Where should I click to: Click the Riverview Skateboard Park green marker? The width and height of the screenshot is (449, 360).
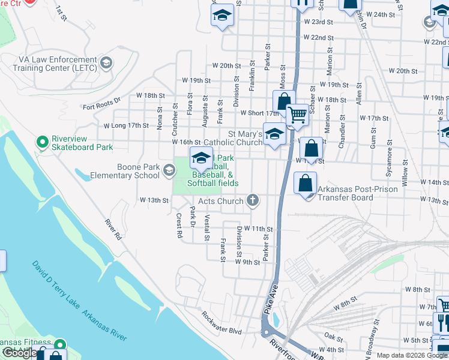click(42, 142)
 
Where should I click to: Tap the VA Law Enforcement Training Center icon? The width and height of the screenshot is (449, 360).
click(106, 63)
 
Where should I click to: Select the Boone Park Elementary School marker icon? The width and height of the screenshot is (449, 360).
click(169, 172)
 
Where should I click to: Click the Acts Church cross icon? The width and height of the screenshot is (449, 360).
click(253, 201)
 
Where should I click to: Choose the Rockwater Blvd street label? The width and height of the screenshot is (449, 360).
click(221, 323)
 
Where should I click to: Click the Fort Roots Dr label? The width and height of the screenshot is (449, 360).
click(102, 103)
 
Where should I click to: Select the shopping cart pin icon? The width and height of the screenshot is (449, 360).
click(297, 115)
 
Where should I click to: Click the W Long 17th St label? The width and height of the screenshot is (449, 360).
click(126, 126)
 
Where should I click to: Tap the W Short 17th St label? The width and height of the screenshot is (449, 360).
click(260, 113)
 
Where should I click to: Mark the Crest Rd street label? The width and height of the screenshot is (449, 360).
click(179, 226)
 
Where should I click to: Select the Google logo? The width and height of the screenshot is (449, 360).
click(19, 353)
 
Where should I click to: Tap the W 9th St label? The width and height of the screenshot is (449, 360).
click(247, 262)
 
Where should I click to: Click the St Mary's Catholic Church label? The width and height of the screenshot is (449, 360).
click(245, 138)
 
